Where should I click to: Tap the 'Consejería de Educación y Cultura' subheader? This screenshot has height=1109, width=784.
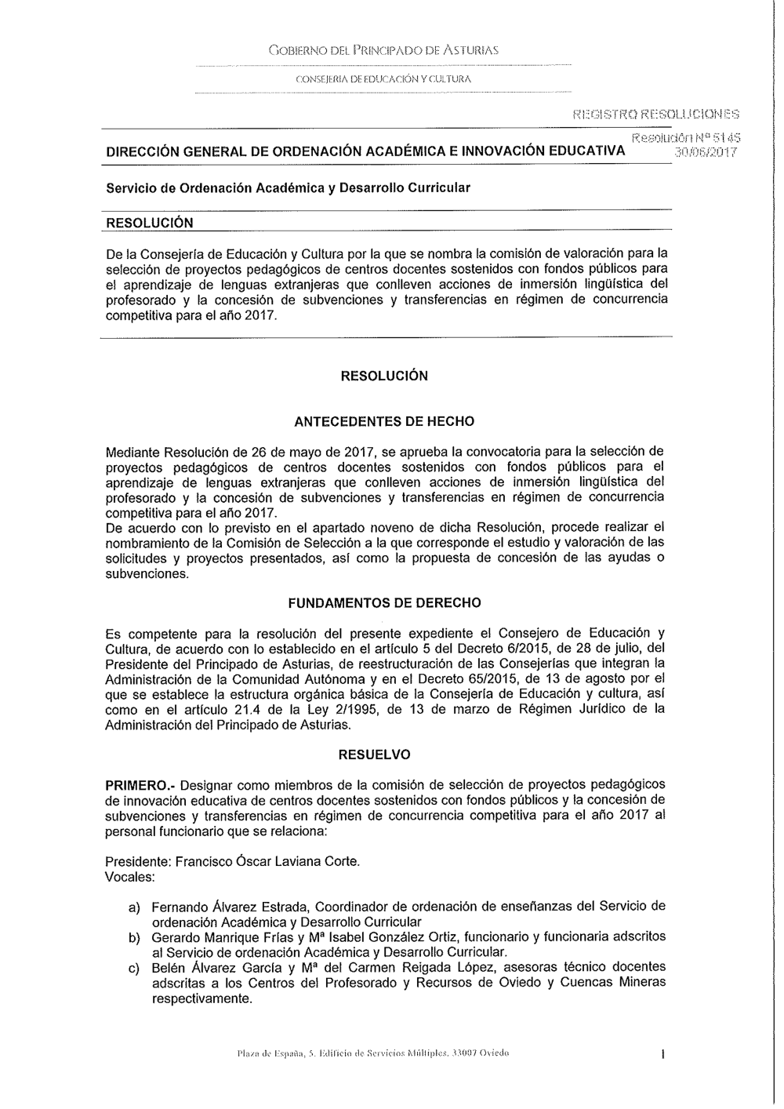pos(383,79)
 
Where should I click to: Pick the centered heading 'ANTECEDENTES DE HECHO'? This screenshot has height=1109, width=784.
pos(384,421)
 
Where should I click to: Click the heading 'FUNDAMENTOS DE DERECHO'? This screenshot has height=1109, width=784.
pos(384,603)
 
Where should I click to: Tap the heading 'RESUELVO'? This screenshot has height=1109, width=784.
pos(384,754)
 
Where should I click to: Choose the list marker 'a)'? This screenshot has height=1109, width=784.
pos(135,907)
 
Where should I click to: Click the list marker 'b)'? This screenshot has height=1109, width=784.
pos(135,937)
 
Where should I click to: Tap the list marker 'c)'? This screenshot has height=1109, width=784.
pos(135,968)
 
